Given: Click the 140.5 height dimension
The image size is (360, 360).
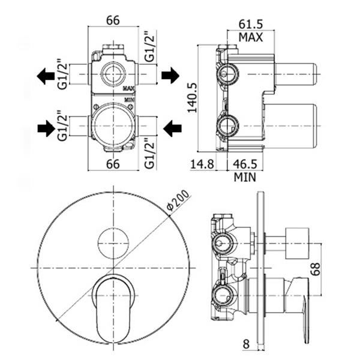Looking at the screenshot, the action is pyautogui.click(x=193, y=98).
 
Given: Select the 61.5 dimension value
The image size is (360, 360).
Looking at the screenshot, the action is pyautogui.click(x=250, y=24).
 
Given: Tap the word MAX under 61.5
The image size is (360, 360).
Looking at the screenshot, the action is pyautogui.click(x=250, y=37).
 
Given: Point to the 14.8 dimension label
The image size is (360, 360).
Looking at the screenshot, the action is pyautogui.click(x=202, y=164).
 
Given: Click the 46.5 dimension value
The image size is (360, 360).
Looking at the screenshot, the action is pyautogui.click(x=245, y=164).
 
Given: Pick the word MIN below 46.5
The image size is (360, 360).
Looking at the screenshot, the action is pyautogui.click(x=245, y=177).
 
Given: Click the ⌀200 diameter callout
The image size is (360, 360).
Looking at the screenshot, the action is pyautogui.click(x=178, y=200).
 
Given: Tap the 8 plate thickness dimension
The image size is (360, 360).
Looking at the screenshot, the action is pyautogui.click(x=246, y=344).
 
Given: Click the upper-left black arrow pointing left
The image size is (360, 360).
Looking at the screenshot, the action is pyautogui.click(x=46, y=76).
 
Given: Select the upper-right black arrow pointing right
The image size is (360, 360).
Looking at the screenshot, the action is pyautogui.click(x=170, y=75).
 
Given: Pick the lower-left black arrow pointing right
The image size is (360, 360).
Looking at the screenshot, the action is pyautogui.click(x=46, y=128).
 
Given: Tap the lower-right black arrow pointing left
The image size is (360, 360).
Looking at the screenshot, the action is pyautogui.click(x=172, y=128).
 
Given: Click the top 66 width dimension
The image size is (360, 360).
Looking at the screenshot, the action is pyautogui.click(x=113, y=20).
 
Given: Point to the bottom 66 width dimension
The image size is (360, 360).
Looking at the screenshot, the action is pyautogui.click(x=113, y=164).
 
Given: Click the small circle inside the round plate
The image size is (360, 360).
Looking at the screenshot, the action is pyautogui.click(x=113, y=244).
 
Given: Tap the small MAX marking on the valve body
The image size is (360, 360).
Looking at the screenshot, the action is pyautogui.click(x=129, y=88).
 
